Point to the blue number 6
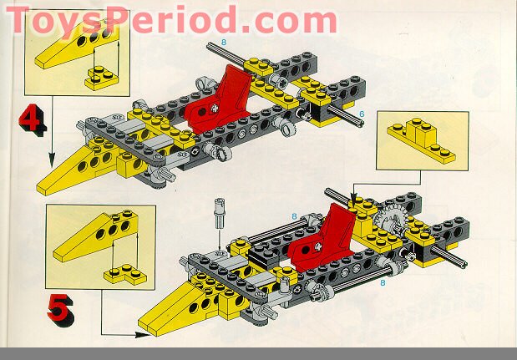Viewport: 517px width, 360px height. pos(361,113)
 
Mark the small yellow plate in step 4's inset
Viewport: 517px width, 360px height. pos(100,79)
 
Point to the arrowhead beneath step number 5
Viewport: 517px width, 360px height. pos(134,335)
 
